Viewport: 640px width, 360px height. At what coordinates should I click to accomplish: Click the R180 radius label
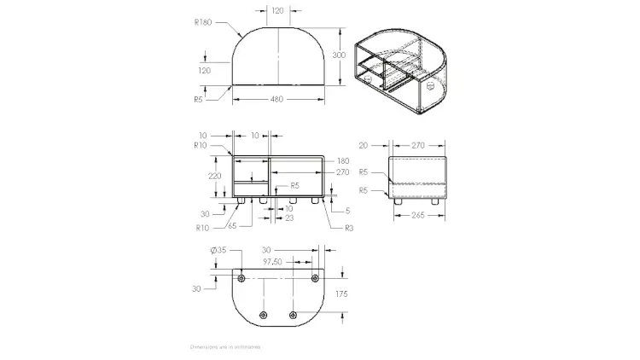pyautogui.click(x=202, y=22)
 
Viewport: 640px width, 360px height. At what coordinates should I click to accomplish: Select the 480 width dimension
pyautogui.click(x=277, y=99)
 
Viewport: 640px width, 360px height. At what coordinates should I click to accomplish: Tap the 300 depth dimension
pyautogui.click(x=339, y=54)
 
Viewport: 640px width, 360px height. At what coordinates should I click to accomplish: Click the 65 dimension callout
pyautogui.click(x=231, y=226)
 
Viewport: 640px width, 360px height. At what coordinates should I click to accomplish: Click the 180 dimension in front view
pyautogui.click(x=343, y=160)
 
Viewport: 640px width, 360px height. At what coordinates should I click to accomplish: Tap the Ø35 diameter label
pyautogui.click(x=218, y=250)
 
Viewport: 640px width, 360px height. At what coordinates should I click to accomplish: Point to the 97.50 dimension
pyautogui.click(x=272, y=262)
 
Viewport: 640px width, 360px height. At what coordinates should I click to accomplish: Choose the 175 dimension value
pyautogui.click(x=341, y=294)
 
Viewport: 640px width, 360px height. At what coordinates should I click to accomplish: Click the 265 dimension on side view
pyautogui.click(x=417, y=216)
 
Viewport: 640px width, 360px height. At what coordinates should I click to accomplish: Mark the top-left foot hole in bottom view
pyautogui.click(x=241, y=278)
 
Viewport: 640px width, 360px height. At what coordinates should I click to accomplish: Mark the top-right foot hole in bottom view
pyautogui.click(x=315, y=278)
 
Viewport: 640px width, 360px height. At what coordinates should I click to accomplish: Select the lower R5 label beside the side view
pyautogui.click(x=364, y=189)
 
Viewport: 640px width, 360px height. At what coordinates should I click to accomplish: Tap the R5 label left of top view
pyautogui.click(x=198, y=99)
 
